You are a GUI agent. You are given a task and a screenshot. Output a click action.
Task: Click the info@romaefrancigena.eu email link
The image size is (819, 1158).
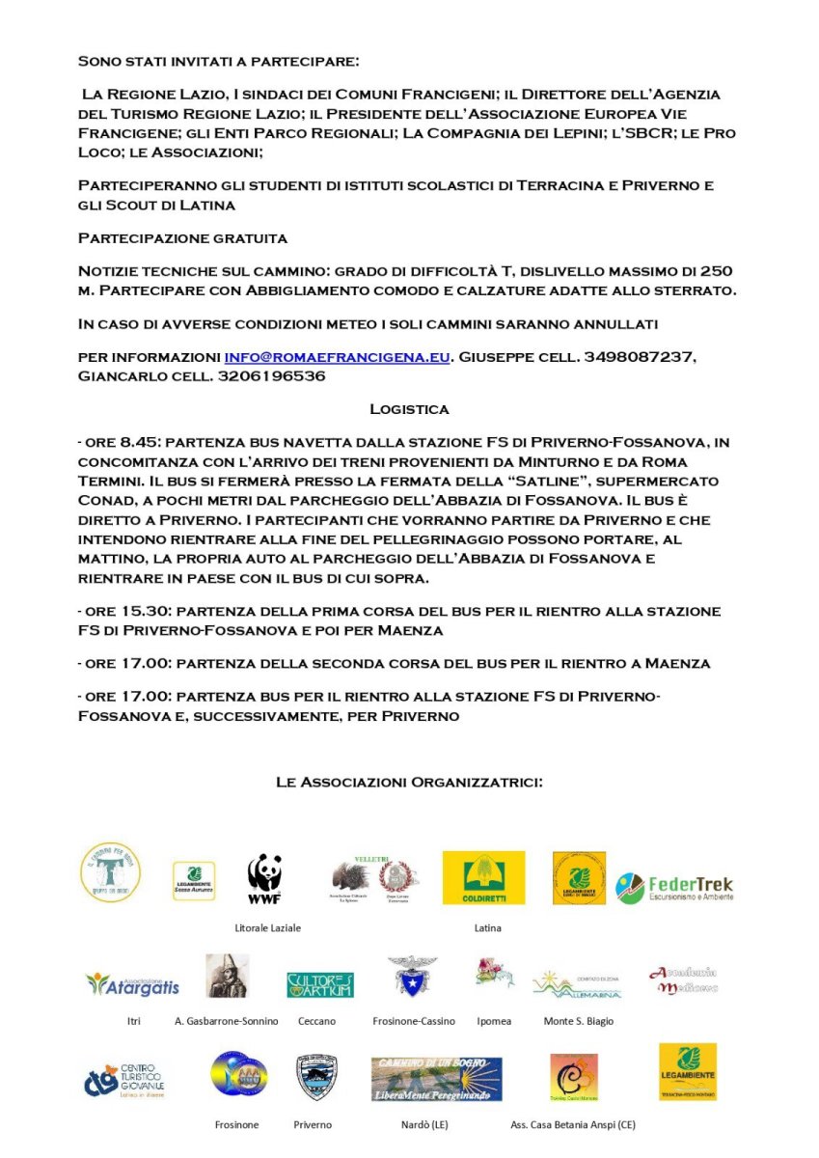pos(338,357)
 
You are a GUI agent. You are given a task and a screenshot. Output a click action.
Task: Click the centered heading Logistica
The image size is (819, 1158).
pos(409,409)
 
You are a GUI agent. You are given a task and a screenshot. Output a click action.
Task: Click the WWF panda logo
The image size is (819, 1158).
pos(264,877)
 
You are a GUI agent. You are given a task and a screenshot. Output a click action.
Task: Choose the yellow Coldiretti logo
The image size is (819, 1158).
pos(483,877)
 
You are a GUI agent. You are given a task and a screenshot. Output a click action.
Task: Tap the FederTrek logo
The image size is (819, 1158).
pos(674,888)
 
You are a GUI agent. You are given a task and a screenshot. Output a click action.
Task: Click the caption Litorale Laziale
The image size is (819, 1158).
pos(268,927)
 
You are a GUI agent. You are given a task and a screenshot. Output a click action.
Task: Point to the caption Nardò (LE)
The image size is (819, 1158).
pos(424,1124)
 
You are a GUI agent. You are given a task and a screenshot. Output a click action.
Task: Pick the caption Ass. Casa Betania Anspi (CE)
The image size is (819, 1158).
pos(573,1124)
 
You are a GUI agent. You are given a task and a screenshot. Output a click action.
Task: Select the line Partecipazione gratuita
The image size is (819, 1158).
pos(182,237)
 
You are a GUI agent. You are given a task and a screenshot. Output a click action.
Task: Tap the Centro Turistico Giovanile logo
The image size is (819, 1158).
pos(123,1080)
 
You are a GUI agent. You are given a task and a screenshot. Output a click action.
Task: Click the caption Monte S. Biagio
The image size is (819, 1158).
pos(579,1020)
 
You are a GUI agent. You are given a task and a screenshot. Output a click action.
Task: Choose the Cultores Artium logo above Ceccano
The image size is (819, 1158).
pos(319,984)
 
